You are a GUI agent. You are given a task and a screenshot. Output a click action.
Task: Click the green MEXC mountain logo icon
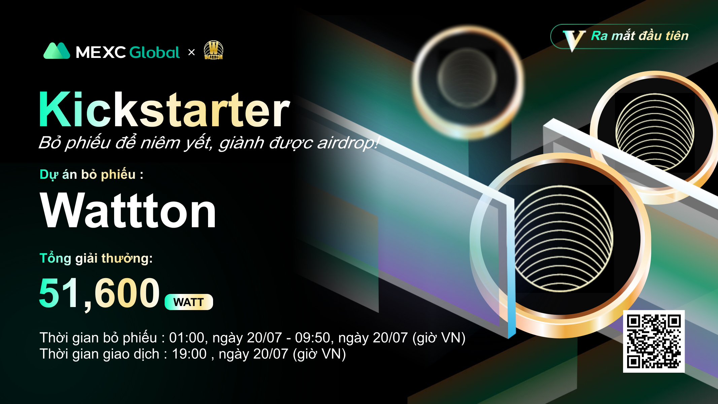click(57, 51)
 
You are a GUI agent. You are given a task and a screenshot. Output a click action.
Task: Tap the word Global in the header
click(155, 53)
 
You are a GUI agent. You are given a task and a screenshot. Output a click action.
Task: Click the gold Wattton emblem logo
click(213, 50)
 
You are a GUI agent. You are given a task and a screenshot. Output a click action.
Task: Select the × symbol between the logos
click(192, 52)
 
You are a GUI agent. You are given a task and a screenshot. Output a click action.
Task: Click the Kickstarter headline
click(165, 110)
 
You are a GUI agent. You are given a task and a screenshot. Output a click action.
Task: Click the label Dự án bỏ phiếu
click(91, 174)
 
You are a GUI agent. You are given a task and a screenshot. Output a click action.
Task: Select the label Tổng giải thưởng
click(96, 258)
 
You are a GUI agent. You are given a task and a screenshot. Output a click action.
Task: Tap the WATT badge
click(189, 302)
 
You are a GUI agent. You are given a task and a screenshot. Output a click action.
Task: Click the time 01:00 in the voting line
click(186, 338)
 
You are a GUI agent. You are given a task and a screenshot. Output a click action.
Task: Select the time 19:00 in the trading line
click(189, 354)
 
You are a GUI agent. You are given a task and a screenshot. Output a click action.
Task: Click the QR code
click(654, 341)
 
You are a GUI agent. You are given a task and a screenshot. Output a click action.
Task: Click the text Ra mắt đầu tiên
click(640, 36)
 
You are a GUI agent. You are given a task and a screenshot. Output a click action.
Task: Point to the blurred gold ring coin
click(468, 82)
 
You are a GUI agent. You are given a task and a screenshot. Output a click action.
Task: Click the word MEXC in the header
click(101, 53)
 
